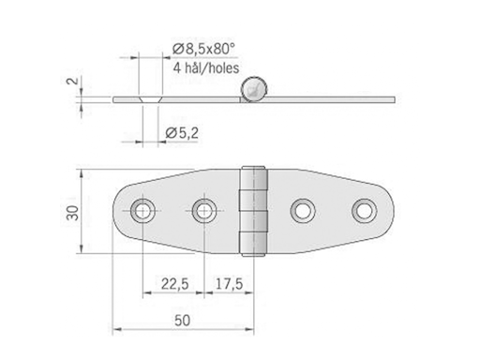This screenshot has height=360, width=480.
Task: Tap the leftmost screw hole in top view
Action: pos(142,209)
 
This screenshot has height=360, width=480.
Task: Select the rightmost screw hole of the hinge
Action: pos(364,209)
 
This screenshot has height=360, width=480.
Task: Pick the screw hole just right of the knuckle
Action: pos(302,209)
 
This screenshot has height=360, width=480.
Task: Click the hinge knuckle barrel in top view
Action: pos(254,211)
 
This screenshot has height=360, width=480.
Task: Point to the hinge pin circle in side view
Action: pos(254,89)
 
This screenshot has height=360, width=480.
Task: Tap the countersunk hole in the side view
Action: pos(143,97)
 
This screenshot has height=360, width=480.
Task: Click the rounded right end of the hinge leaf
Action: pos(386,210)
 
